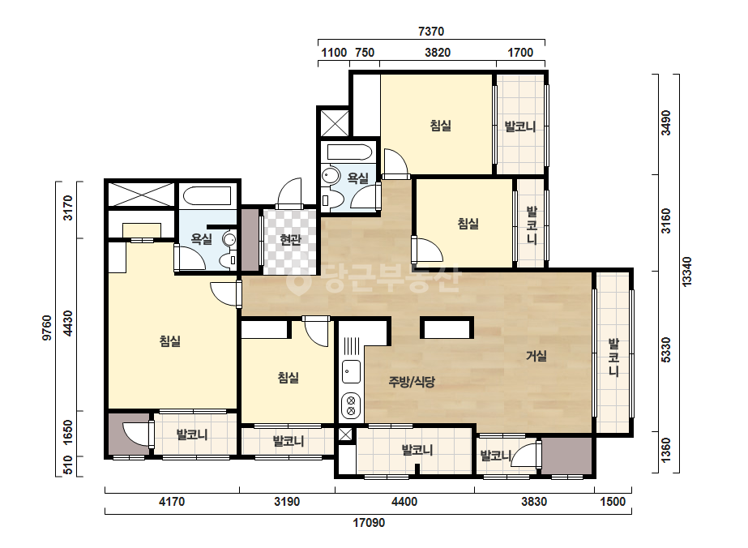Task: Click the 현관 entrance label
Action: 290,240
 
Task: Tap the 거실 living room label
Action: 536,356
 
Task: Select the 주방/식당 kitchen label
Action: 412,381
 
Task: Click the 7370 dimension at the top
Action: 431,32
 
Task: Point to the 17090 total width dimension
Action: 369,523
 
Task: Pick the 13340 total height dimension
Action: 687,272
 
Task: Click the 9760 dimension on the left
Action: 47,328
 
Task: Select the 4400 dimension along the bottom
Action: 404,502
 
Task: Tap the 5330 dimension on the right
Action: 666,350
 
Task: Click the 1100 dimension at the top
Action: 333,53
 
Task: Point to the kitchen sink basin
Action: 351,372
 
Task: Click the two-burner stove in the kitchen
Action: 351,405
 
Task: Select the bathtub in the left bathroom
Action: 208,196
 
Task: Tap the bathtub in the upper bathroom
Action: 349,152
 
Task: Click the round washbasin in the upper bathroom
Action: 329,176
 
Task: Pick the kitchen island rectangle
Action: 447,328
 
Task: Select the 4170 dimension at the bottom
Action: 172,502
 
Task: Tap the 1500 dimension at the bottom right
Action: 613,502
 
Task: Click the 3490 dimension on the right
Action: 666,123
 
